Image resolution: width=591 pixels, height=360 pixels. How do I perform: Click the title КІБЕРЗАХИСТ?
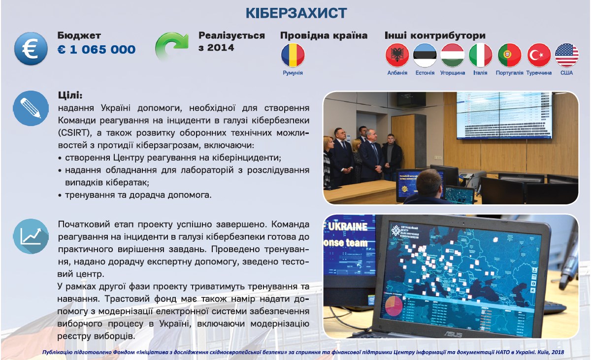[x=296, y=13]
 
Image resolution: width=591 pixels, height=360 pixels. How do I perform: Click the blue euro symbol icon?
[x=31, y=49]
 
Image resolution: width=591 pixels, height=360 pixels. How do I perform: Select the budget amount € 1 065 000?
[x=97, y=49]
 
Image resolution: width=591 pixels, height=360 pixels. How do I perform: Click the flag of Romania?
[x=293, y=55]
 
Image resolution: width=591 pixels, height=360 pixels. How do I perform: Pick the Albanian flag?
[x=397, y=55]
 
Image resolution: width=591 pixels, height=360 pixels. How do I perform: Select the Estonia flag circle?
[x=425, y=55]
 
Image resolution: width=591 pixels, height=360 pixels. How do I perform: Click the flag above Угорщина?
[x=453, y=55]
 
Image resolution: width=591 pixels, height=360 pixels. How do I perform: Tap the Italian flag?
[x=480, y=55]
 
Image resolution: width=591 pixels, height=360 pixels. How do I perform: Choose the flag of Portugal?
[x=509, y=55]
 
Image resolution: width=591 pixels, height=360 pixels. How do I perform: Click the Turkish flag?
[x=539, y=55]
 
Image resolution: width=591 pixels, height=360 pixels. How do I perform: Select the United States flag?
[x=567, y=55]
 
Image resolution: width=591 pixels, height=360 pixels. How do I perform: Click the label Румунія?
[x=293, y=73]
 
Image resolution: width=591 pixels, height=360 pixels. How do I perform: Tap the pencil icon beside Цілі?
[x=31, y=108]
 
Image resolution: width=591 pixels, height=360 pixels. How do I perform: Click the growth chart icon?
[x=31, y=236]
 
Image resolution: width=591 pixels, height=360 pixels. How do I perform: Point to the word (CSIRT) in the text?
[x=75, y=132]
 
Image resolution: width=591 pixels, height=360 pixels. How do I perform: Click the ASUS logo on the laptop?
[x=453, y=334]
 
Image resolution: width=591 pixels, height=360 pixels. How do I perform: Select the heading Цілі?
[x=70, y=95]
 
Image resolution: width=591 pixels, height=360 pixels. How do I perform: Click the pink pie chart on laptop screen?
[x=394, y=306]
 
